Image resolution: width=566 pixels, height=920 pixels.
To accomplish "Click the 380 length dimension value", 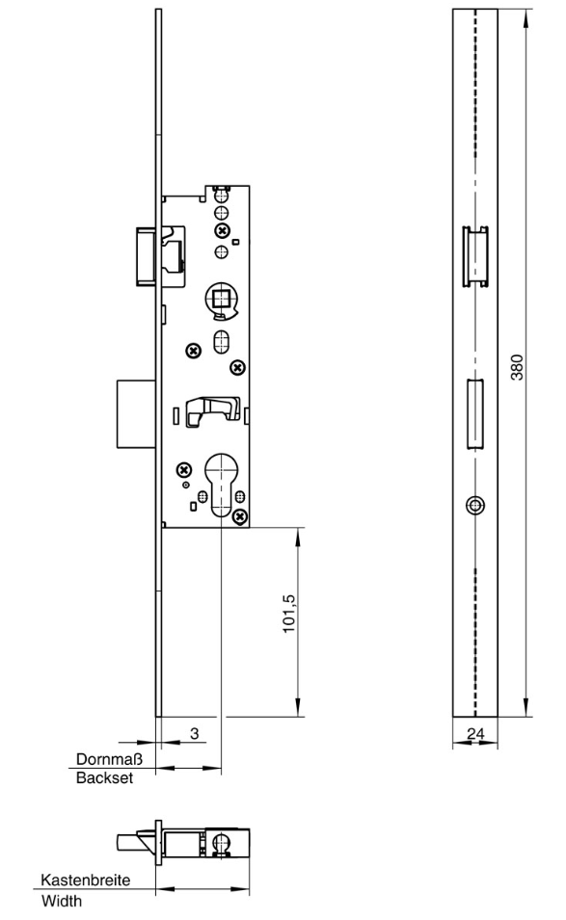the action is coord(517,367).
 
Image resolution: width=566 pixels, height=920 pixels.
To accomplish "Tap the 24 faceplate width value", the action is coord(475,733).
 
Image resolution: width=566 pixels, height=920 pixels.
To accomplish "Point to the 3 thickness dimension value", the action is coord(195,733).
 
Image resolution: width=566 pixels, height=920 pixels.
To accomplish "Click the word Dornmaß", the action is coord(109,759).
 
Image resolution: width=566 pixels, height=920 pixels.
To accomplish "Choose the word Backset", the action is coord(105,778).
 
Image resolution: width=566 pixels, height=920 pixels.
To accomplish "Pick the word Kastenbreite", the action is coord(86,881).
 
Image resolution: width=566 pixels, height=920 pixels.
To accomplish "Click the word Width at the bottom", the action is coord(62,901).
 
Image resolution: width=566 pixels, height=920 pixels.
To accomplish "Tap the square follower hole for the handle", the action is coord(222,300).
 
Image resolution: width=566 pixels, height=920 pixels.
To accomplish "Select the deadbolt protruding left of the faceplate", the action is coord(137,412).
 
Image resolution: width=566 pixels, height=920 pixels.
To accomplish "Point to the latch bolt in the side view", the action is coord(147,256).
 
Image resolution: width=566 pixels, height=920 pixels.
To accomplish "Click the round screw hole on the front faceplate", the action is coord(475,505).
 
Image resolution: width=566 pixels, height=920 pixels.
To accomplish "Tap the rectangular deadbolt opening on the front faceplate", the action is coord(475,414).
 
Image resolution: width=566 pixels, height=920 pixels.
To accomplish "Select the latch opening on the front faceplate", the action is coord(475,256).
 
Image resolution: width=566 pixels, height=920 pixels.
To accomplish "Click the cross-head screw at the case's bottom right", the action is coord(239,516).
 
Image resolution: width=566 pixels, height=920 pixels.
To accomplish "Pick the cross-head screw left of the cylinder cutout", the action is coord(184,469).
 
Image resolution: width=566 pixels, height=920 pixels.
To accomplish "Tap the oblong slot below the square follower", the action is coord(222,342).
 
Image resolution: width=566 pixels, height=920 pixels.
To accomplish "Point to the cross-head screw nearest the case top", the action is coord(222,230).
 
